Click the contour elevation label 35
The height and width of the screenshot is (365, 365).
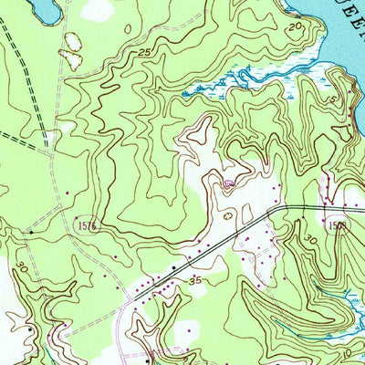(x=193, y=283)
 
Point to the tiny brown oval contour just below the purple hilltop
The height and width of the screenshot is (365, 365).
(x=227, y=216)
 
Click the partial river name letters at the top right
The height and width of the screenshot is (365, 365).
(x=338, y=11)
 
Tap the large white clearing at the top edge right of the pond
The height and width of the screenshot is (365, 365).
(x=100, y=9)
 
